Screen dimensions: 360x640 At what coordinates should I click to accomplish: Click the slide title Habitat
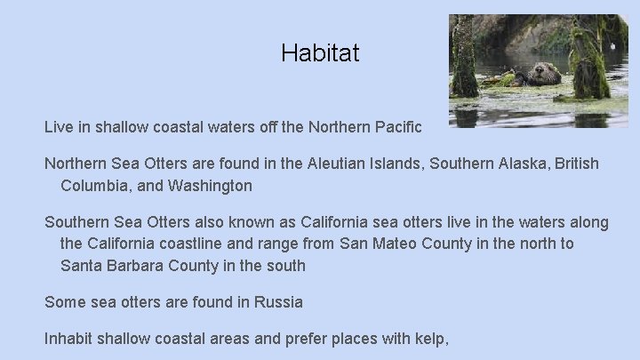point(320,53)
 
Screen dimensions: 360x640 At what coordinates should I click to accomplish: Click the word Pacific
point(400,128)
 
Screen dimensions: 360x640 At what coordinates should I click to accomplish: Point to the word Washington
point(208,186)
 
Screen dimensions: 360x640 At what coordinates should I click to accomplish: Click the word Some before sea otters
point(66,302)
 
